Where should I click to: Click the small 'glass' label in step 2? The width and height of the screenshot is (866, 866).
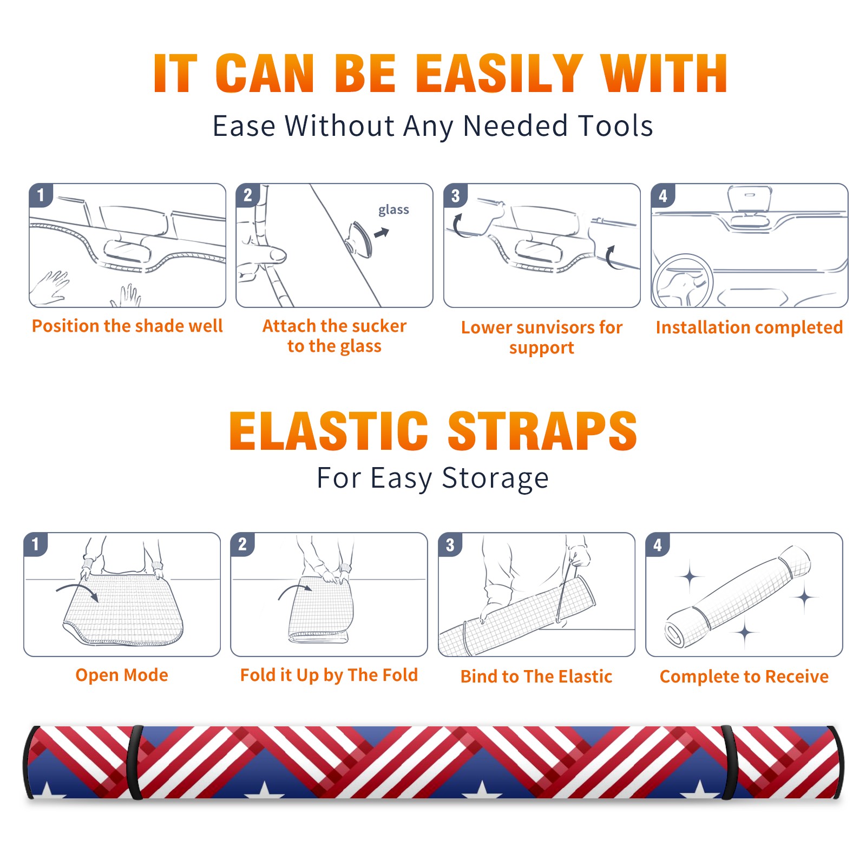point(393,210)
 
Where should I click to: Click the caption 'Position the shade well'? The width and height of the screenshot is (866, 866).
point(127,326)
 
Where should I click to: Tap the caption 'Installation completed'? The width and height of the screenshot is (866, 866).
point(749,327)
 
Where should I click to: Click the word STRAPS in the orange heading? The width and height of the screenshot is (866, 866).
point(542,431)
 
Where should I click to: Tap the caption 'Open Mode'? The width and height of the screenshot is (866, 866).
point(122,675)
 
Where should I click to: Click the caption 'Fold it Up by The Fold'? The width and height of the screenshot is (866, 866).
point(329,675)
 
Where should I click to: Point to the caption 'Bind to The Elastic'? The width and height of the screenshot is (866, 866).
point(536,677)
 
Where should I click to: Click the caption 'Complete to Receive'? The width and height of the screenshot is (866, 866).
point(744,677)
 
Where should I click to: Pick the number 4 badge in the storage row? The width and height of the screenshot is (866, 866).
point(658,544)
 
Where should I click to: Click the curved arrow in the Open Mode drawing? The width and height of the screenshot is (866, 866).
point(76,587)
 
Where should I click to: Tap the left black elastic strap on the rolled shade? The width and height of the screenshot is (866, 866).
point(135,762)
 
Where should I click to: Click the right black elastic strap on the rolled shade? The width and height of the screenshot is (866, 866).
point(729,762)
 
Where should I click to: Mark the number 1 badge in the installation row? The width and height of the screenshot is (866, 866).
point(41,195)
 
